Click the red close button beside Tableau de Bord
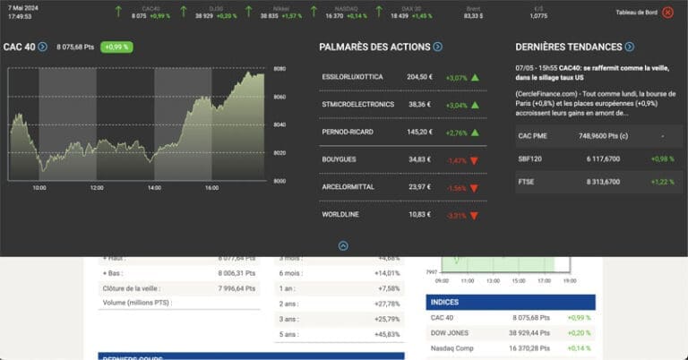[667, 13]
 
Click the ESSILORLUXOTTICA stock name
[352, 77]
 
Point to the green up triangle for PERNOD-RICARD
[475, 132]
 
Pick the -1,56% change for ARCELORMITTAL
[456, 187]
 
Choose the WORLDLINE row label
[340, 215]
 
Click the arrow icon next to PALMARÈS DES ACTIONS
[437, 47]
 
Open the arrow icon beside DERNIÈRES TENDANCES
[630, 47]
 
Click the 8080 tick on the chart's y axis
[279, 69]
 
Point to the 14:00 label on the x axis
[154, 188]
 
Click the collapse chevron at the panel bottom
[343, 245]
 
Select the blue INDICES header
[510, 302]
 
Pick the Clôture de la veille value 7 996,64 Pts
[236, 288]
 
